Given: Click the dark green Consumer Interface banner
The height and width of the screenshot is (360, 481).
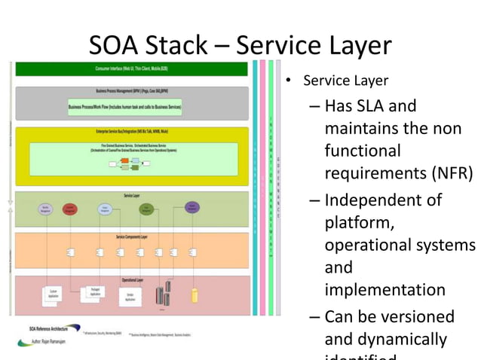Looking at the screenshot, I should click(x=131, y=69).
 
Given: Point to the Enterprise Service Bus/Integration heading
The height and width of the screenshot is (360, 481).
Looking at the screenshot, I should click(x=131, y=133).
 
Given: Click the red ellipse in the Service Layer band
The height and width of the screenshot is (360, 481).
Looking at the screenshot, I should click(x=69, y=209).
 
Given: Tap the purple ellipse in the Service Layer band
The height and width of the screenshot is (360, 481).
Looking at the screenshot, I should click(x=192, y=206).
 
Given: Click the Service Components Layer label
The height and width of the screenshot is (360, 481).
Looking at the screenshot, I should click(x=131, y=237).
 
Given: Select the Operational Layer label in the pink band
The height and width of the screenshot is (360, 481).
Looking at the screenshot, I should click(x=131, y=280).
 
